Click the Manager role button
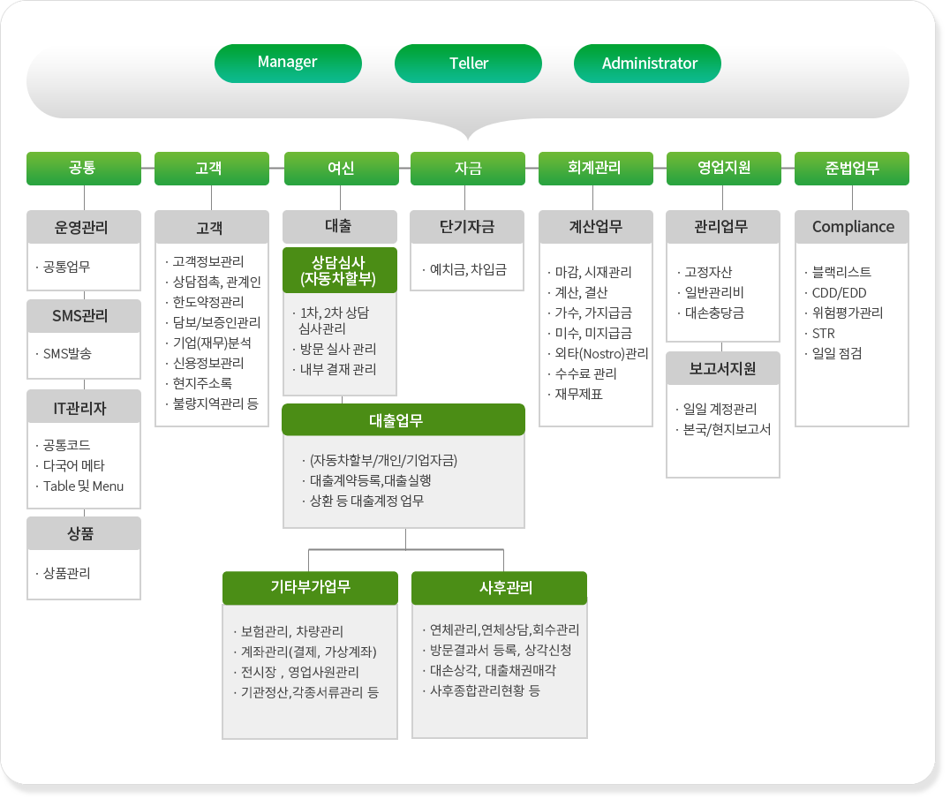tap(288, 63)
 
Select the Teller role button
tap(468, 63)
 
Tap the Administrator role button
tap(647, 63)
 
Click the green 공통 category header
tap(84, 168)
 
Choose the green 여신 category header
tap(341, 168)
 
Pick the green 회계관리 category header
tap(596, 168)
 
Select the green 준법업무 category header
tap(852, 168)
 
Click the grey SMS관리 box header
tap(84, 316)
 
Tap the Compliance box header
tap(852, 227)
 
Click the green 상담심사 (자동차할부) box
tap(339, 270)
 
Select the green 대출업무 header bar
tap(403, 419)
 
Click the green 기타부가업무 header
tap(310, 588)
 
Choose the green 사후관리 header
tap(499, 588)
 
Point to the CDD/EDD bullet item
tap(839, 292)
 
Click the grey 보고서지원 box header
tap(723, 368)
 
